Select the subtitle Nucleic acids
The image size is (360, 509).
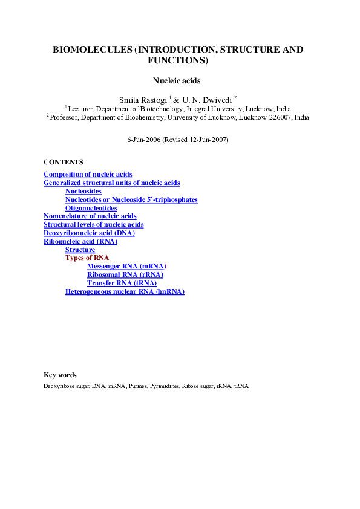coord(176,80)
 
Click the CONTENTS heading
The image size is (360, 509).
coord(64,162)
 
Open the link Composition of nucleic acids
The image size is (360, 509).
coord(88,174)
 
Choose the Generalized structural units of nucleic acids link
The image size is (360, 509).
coord(111,183)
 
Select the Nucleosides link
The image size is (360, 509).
coord(83,191)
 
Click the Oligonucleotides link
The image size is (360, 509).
coord(91,208)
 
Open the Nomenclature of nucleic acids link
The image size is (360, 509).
coord(90,216)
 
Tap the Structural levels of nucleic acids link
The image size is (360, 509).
coord(93,224)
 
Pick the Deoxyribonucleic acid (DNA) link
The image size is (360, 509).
coord(89,233)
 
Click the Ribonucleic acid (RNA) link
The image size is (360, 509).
coord(80,241)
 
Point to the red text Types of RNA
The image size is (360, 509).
coord(87,258)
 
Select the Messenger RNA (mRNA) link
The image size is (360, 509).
coord(126,266)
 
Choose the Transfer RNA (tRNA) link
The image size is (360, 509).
coord(122,283)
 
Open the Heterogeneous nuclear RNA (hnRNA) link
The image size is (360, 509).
coord(125,291)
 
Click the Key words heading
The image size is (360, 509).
coord(60,375)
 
